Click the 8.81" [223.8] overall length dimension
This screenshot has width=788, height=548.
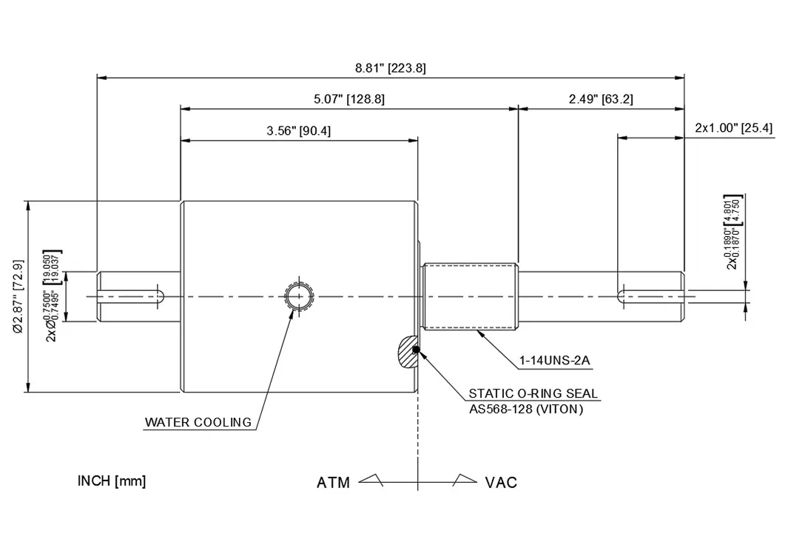point(391,68)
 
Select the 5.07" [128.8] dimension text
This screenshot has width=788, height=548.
point(349,99)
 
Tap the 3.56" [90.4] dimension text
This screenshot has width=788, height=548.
point(298,131)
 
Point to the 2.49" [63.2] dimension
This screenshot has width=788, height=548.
point(601,99)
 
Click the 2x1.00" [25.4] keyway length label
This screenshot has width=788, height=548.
point(734,127)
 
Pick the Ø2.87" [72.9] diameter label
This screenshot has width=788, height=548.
point(18,297)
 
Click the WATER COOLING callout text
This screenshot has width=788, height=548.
point(198,422)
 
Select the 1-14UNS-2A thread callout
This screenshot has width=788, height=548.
point(554,361)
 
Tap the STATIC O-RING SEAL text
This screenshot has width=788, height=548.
point(533,394)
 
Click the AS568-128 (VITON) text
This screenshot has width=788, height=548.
point(526,410)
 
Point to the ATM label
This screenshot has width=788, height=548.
point(333,483)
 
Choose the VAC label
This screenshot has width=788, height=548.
point(501,483)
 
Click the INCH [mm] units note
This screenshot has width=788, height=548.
point(112,481)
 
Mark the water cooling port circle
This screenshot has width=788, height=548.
point(300,297)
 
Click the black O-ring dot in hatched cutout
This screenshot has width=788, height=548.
point(416,350)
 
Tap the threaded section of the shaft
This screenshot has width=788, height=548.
point(471,297)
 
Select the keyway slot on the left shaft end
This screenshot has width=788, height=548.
point(132,297)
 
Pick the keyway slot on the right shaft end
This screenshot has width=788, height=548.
point(650,297)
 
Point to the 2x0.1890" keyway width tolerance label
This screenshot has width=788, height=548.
point(733,232)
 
